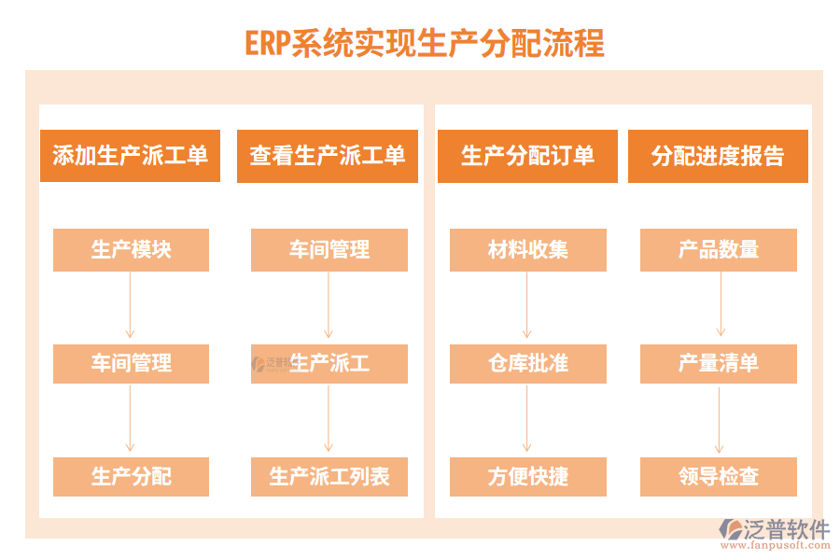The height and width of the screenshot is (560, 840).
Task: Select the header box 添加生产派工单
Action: [x=130, y=156]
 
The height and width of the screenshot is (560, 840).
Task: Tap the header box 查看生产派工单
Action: [x=328, y=156]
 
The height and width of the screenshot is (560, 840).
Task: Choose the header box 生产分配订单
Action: [x=527, y=156]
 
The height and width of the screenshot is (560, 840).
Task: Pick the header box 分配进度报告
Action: [x=718, y=156]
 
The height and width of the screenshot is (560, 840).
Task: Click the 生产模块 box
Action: [x=131, y=250]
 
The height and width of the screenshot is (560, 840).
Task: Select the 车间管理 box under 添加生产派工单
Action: [x=131, y=363]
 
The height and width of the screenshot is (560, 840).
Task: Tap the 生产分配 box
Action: [x=131, y=476]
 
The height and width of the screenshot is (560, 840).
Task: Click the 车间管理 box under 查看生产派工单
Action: [x=329, y=250]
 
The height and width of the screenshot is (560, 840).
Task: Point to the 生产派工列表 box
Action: [x=329, y=476]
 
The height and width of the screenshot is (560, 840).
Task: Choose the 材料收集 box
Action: [x=527, y=250]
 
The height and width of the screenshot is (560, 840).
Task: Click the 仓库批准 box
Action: [x=527, y=363]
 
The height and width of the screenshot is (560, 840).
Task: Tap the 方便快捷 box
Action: [x=527, y=476]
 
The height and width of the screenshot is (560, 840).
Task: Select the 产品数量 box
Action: [x=718, y=250]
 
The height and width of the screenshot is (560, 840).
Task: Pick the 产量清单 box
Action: [x=718, y=363]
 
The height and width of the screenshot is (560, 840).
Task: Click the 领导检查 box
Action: [x=718, y=476]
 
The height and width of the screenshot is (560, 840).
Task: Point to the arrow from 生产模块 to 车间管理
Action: [x=131, y=306]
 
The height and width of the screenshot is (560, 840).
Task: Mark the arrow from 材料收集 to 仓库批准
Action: [x=527, y=306]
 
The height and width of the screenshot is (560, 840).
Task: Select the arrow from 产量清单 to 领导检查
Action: [x=718, y=419]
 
